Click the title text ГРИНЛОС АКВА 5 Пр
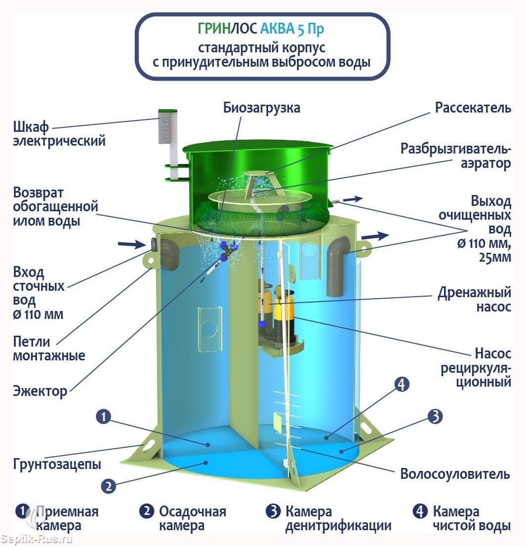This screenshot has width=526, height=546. click(261, 29)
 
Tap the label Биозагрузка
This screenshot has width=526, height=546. click(262, 108)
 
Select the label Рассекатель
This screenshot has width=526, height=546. click(473, 108)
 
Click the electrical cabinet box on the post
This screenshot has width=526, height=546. click(167, 126)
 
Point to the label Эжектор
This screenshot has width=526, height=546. click(40, 391)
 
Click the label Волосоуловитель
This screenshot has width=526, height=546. click(455, 474)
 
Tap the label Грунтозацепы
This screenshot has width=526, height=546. click(57, 464)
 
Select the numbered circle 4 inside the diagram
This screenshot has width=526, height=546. click(402, 385)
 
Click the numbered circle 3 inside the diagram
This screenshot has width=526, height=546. click(435, 417)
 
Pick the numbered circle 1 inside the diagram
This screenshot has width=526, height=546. click(103, 417)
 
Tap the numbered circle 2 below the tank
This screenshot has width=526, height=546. click(108, 486)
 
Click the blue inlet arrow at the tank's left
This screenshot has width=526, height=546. click(132, 244)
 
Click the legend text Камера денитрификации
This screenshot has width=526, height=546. click(338, 519)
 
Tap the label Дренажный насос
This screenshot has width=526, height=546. click(475, 300)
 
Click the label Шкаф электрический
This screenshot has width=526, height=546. click(59, 134)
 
